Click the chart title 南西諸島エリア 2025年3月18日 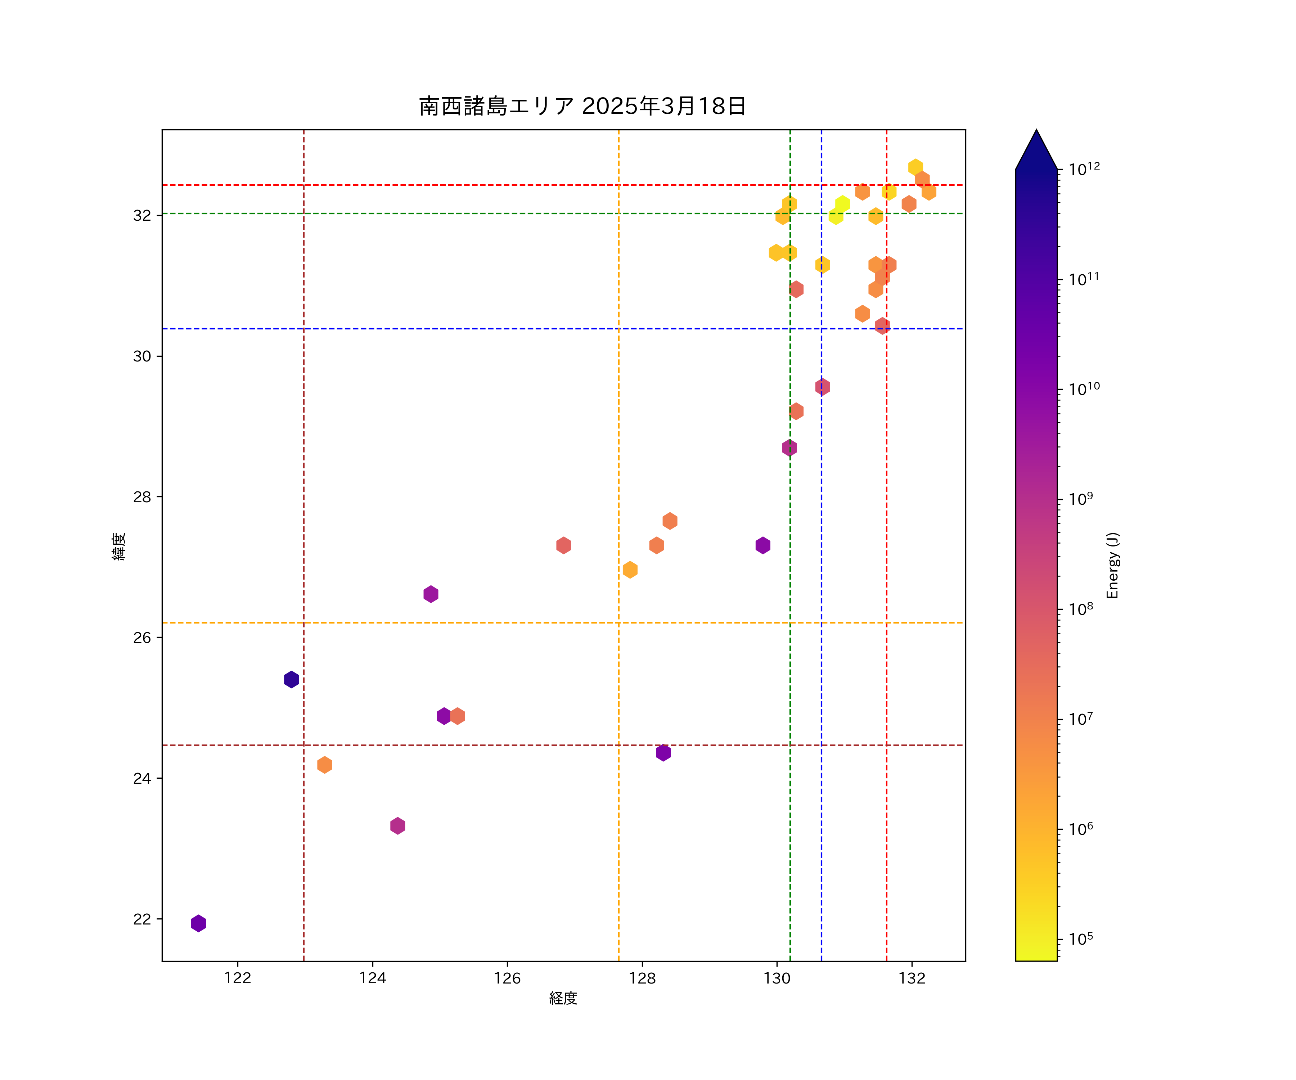click(582, 106)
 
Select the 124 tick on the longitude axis click(372, 978)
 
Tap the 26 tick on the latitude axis click(142, 638)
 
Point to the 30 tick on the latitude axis click(142, 356)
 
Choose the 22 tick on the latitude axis click(142, 919)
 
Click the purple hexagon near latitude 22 click(198, 923)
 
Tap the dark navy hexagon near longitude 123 click(291, 679)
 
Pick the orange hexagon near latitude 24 click(325, 765)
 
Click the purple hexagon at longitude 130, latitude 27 click(763, 545)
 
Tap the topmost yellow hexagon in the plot click(915, 167)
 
